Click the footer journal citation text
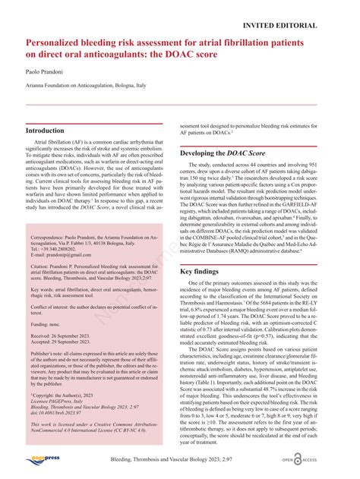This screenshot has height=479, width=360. pos(179,460)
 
